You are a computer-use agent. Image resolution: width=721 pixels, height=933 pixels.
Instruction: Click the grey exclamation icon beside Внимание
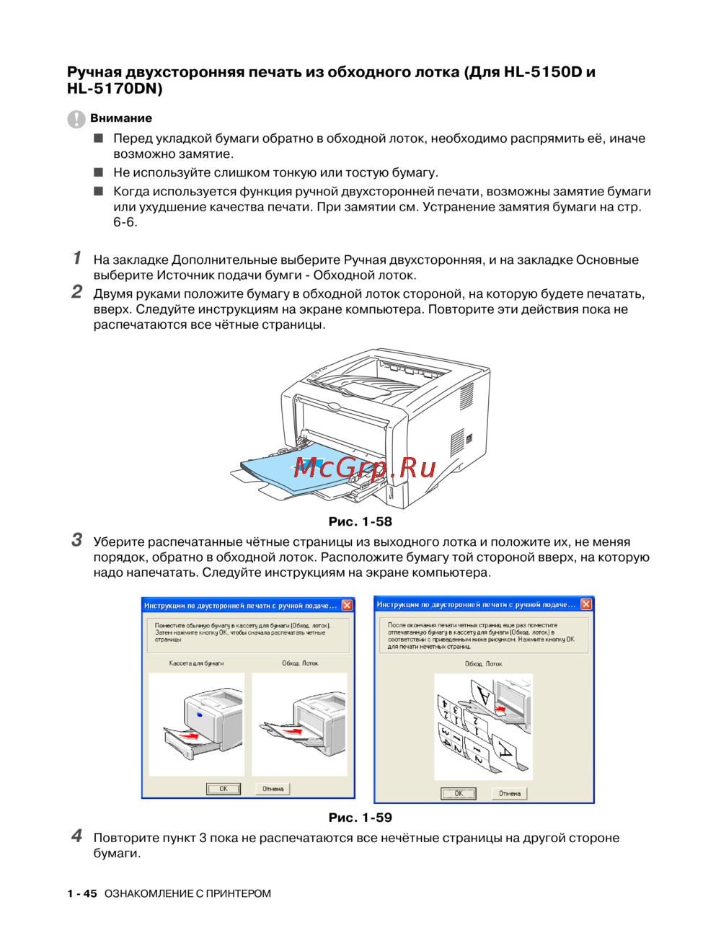[76, 119]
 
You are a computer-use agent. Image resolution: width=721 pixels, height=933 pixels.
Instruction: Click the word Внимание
[121, 118]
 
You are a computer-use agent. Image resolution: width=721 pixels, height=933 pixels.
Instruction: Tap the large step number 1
[76, 258]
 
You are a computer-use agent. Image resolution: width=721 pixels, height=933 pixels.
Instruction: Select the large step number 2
[76, 292]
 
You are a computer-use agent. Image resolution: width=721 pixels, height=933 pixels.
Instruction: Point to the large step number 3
[76, 540]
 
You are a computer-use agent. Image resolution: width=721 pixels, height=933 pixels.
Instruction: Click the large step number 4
[76, 836]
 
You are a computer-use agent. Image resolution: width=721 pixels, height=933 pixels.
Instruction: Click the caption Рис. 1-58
[360, 521]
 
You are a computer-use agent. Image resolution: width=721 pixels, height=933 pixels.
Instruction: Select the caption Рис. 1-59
[360, 818]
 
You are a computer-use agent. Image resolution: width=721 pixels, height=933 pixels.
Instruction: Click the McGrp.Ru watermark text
[365, 469]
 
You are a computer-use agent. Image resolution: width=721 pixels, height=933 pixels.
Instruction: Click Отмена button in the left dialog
[273, 789]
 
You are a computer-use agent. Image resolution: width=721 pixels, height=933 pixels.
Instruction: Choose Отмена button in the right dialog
[510, 793]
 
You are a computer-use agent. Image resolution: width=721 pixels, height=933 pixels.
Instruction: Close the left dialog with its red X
[347, 606]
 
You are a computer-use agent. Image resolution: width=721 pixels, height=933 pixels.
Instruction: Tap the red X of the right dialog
[586, 604]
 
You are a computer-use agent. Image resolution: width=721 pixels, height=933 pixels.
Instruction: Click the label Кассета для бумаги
[196, 663]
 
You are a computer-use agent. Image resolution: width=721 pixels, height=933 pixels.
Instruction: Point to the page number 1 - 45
[82, 893]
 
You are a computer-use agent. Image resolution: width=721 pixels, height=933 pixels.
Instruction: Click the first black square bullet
[99, 138]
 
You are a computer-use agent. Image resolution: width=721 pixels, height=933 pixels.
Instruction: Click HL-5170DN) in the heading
[115, 89]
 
